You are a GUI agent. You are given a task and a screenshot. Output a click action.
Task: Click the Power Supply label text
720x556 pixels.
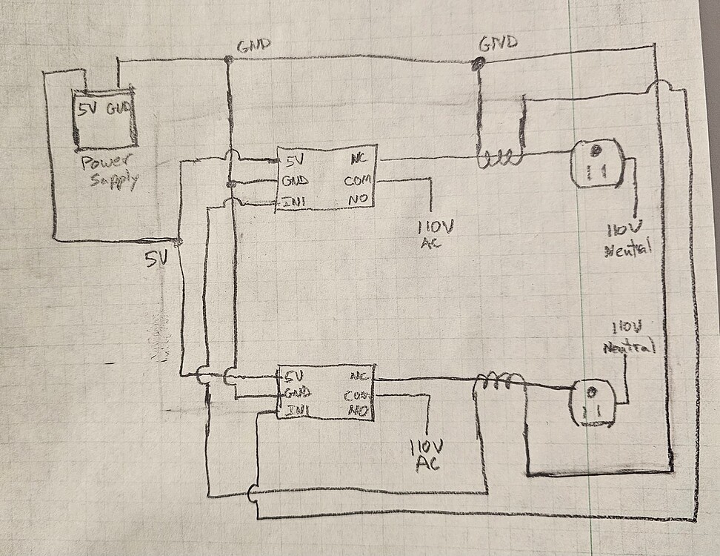coord(109,171)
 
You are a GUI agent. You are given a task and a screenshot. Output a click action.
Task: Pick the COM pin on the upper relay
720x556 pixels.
coord(359,180)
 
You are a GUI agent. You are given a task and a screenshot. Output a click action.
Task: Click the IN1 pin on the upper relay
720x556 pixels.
coord(296,201)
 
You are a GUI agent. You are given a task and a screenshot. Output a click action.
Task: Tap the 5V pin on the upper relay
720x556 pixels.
coord(294,159)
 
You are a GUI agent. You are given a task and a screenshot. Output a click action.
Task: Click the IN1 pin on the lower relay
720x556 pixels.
coord(294,409)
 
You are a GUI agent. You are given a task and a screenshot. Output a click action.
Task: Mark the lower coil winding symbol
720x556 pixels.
coord(499,382)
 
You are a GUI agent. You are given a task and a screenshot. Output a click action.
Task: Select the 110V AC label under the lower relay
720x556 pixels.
coord(427,454)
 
